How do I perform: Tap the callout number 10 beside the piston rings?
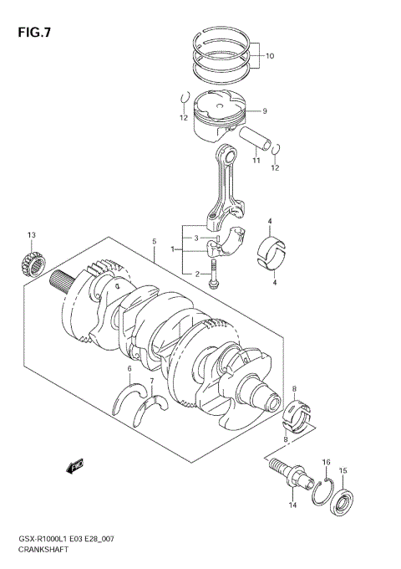[269, 57]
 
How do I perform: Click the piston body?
[220, 117]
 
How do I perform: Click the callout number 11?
[257, 160]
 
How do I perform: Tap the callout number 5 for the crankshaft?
[155, 242]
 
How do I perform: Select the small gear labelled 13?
[31, 264]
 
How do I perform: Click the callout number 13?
[31, 235]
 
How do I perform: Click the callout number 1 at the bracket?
[172, 249]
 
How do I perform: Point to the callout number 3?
[197, 239]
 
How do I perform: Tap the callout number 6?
[129, 368]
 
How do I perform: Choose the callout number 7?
[151, 382]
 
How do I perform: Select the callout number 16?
[327, 462]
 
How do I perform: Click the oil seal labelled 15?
[343, 505]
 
